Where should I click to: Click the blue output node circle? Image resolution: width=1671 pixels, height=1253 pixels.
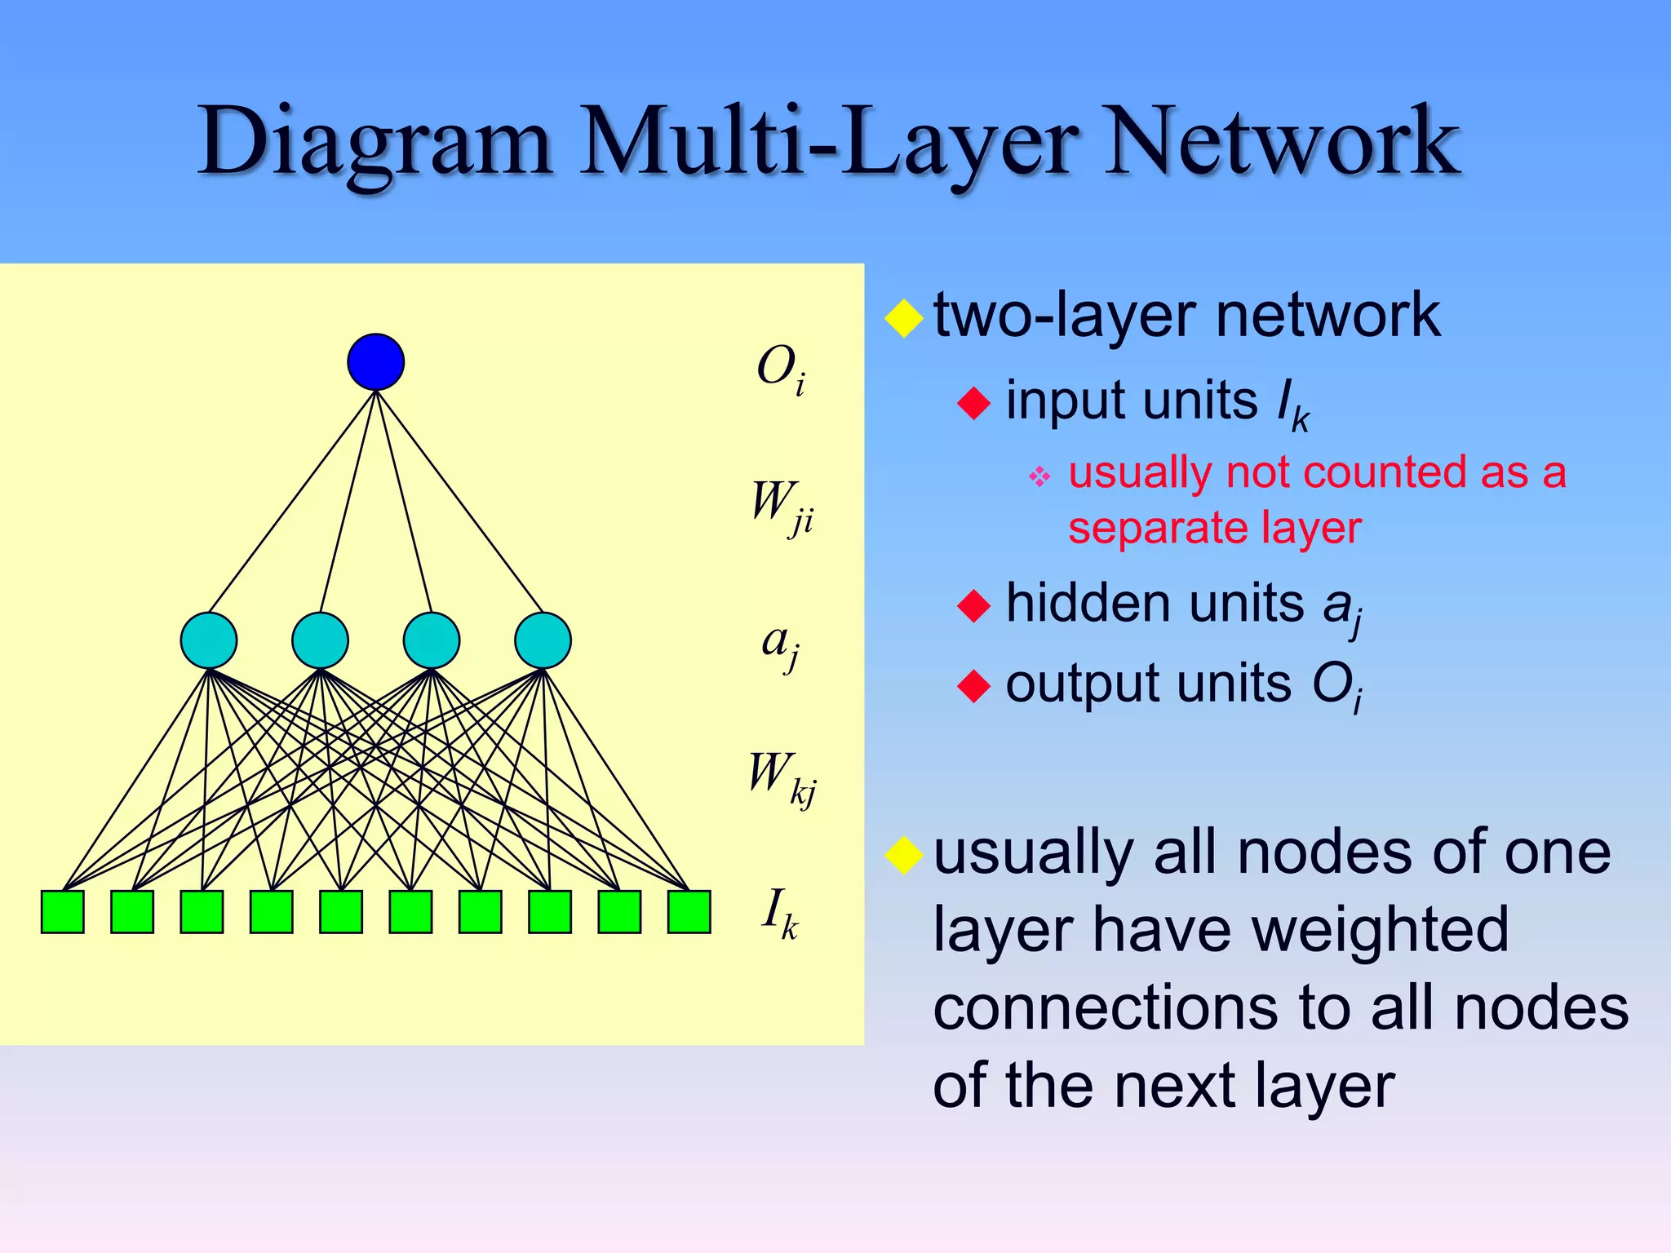click(375, 361)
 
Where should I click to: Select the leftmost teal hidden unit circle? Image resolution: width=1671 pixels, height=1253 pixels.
click(209, 640)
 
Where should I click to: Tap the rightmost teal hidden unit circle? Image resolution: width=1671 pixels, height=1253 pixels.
click(543, 640)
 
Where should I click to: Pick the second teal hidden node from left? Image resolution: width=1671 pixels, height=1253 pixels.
click(320, 640)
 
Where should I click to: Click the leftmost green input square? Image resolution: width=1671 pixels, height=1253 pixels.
click(63, 911)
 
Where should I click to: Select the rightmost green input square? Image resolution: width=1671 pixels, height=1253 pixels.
click(689, 911)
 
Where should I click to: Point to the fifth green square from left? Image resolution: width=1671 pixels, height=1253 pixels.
click(341, 911)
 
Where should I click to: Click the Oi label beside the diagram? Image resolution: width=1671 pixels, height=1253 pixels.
click(780, 369)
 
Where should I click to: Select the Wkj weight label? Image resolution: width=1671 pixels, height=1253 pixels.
click(782, 777)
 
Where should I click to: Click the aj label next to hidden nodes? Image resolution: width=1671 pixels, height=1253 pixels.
click(780, 644)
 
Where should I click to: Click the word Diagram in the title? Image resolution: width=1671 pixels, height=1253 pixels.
click(375, 143)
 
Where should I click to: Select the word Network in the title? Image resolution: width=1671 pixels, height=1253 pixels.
click(1281, 143)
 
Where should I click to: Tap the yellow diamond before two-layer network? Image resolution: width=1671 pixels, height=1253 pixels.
click(903, 318)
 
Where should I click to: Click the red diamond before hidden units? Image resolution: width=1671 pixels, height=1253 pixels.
click(973, 605)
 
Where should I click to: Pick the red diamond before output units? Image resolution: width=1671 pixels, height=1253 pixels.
click(973, 685)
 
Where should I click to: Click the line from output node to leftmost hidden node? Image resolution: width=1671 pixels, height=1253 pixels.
click(292, 502)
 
